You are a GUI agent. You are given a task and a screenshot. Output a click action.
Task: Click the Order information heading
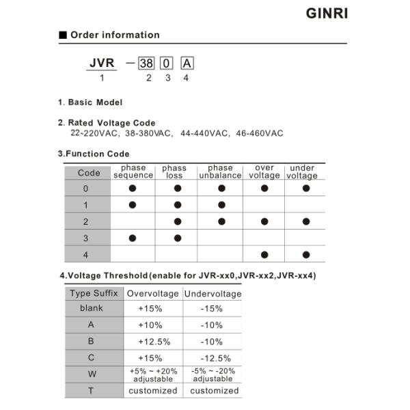114,35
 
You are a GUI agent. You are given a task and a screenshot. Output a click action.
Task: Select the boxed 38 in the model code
146,64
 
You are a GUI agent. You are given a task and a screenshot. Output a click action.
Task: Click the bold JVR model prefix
101,63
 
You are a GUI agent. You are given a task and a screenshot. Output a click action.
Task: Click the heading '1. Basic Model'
90,102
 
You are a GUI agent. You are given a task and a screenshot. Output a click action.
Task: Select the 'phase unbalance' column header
220,172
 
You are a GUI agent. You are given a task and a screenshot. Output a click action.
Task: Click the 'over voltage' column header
264,172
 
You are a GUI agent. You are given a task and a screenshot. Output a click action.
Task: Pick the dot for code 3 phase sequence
133,238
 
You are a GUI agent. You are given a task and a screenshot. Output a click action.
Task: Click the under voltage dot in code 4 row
305,254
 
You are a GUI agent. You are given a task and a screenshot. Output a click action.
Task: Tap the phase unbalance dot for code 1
221,204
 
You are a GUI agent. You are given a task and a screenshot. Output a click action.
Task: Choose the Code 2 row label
85,221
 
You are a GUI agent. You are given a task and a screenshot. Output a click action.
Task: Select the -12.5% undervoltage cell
212,357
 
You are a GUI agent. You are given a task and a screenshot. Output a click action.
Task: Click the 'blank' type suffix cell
91,308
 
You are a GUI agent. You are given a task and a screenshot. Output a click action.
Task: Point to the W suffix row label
92,374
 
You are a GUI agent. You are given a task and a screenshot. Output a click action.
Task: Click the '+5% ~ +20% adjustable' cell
153,374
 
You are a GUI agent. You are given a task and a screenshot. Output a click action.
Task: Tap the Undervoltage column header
213,293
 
